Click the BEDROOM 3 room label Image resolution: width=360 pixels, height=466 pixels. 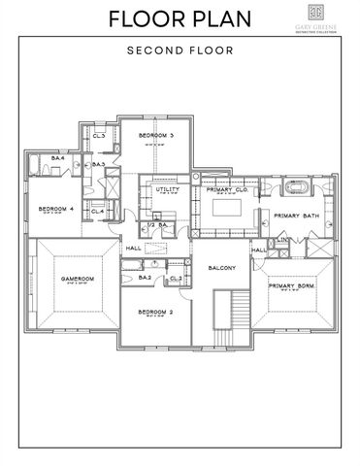point(155,135)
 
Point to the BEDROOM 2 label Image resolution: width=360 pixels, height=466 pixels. point(155,312)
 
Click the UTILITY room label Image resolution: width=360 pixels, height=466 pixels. point(168,189)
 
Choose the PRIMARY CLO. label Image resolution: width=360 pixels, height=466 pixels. point(228,189)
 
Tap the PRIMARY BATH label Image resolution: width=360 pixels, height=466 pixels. point(297,215)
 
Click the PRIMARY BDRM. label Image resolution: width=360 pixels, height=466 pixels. point(292,286)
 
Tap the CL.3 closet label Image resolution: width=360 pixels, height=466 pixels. point(99,136)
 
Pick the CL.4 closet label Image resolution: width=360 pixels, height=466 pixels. point(97,211)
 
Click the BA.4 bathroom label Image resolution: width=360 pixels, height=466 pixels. point(57,157)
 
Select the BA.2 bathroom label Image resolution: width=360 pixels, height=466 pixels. point(145,278)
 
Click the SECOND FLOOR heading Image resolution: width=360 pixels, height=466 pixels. point(180,50)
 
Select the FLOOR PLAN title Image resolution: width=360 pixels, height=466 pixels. point(180,18)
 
